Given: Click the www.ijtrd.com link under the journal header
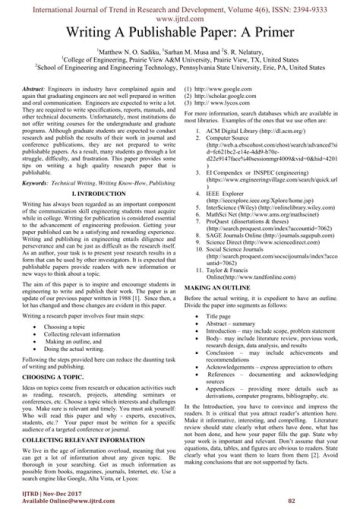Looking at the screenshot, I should point(179,19).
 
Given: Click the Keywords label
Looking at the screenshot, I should point(35,183).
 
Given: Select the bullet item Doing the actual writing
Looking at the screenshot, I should point(74,348).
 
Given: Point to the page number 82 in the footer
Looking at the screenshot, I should point(293,500).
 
